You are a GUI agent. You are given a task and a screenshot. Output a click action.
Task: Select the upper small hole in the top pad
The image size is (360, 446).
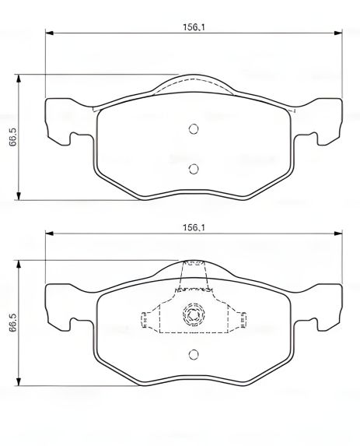click(x=194, y=130)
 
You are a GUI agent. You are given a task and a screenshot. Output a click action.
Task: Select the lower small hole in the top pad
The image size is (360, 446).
click(x=194, y=169)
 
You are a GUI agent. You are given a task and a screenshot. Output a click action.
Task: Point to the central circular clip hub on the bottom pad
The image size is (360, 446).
click(x=194, y=316)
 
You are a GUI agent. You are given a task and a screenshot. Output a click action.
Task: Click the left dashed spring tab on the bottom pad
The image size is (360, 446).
click(x=145, y=319)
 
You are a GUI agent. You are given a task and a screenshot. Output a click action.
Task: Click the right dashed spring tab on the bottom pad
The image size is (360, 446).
click(x=243, y=319)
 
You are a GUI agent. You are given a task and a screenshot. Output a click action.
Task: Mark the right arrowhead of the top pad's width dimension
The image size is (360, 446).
click(x=337, y=33)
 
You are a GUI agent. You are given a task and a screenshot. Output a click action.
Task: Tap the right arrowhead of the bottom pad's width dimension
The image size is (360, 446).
click(x=337, y=234)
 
